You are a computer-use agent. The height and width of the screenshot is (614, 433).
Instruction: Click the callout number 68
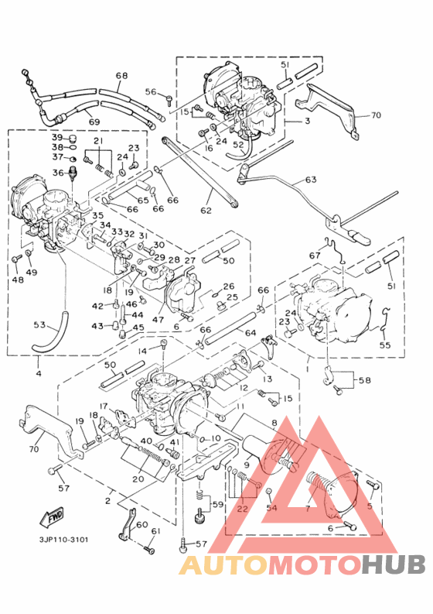121,76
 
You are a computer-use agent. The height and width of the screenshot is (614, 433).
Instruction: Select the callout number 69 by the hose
94,122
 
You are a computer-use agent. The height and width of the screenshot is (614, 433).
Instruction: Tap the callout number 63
310,180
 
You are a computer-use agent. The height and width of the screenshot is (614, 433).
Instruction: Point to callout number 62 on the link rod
206,210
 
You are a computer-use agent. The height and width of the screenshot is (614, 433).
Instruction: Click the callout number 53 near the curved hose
39,324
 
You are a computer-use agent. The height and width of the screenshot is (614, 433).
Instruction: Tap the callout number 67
315,256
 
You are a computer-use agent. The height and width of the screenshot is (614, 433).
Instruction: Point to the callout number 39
57,137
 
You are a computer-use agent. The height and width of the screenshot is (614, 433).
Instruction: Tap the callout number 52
238,144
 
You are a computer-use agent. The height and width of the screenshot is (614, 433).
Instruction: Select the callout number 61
156,530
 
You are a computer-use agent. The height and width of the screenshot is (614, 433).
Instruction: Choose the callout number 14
141,351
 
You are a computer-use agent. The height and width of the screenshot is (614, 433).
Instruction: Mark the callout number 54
271,507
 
